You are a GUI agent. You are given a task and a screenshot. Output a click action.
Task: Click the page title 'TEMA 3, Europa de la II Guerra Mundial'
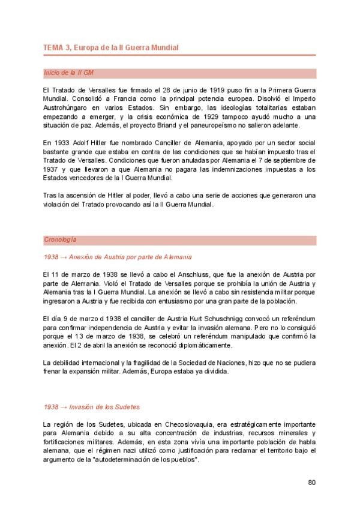110,47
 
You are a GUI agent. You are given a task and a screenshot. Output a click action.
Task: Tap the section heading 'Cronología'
60,240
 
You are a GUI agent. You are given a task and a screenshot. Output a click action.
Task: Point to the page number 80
311,482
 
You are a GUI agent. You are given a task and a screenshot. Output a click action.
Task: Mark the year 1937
52,169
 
